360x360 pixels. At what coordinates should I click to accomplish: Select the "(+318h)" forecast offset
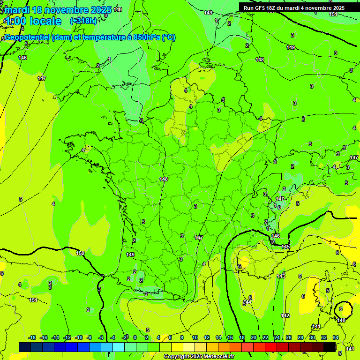point(83,21)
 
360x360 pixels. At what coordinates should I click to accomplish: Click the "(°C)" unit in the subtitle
point(169,37)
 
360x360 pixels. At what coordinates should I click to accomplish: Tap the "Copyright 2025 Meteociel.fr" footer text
point(199,357)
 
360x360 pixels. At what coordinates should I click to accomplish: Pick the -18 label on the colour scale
point(32,337)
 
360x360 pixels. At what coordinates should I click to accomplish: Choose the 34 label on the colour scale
point(336,337)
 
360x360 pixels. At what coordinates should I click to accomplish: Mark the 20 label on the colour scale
point(253,337)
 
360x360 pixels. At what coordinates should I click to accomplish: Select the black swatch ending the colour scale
point(330,346)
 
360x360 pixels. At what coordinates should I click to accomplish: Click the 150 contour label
point(80,253)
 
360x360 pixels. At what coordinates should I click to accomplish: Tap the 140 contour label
point(341,320)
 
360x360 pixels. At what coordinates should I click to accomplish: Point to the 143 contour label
point(280,276)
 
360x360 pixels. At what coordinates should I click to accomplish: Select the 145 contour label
point(286,247)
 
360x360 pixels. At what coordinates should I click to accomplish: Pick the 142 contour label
point(285,315)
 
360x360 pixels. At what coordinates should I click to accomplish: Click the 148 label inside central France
point(164,179)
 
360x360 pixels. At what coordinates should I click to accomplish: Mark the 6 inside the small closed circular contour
point(341,309)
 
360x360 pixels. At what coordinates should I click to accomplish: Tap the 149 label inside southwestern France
point(130,255)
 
